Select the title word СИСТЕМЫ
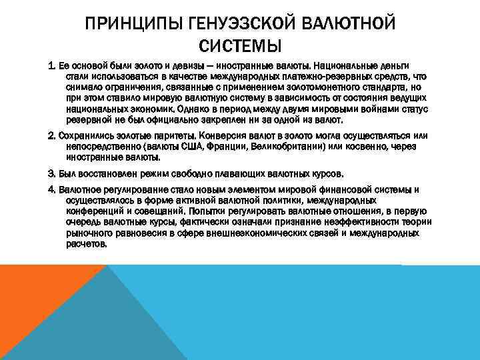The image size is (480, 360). coord(240,47)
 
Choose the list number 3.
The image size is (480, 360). coord(51,173)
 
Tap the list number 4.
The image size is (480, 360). coord(51,190)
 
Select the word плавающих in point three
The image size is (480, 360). coord(241,173)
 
